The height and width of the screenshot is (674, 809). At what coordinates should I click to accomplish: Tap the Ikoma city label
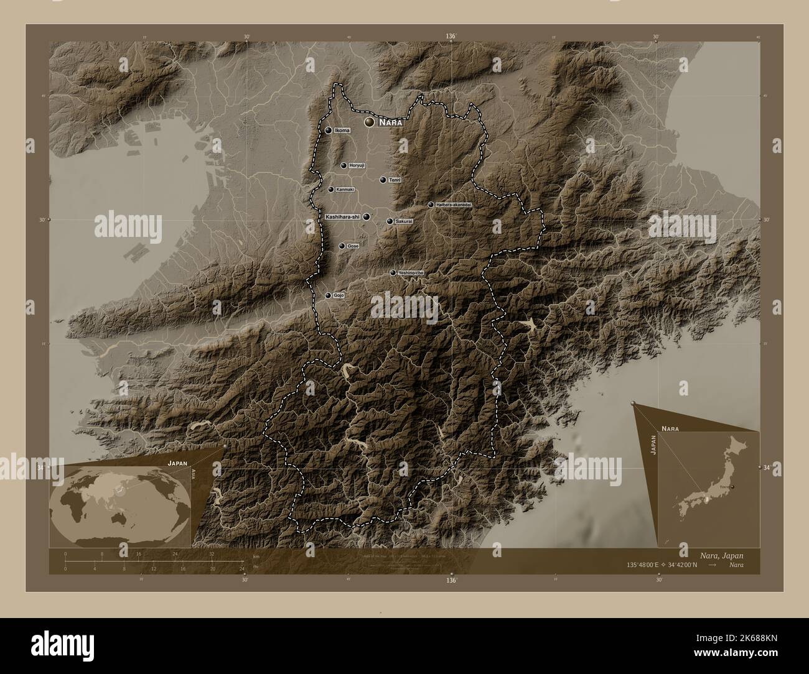342,131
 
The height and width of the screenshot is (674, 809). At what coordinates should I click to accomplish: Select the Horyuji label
357,165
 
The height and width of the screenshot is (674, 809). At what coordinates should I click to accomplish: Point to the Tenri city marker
383,180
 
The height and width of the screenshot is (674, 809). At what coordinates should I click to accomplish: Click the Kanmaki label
345,190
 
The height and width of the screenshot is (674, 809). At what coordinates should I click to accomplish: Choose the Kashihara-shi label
342,216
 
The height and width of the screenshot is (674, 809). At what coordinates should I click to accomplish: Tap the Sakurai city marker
390,221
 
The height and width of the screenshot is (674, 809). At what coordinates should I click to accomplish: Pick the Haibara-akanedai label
454,205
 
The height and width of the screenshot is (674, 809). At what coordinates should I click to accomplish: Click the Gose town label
353,246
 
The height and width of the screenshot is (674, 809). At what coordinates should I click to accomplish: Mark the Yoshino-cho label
411,273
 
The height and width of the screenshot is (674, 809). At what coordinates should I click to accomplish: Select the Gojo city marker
328,295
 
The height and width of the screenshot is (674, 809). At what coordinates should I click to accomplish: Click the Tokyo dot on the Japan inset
733,487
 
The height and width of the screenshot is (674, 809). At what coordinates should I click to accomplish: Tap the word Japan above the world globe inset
176,464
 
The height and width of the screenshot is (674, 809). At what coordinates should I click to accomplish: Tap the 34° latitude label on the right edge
765,467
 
